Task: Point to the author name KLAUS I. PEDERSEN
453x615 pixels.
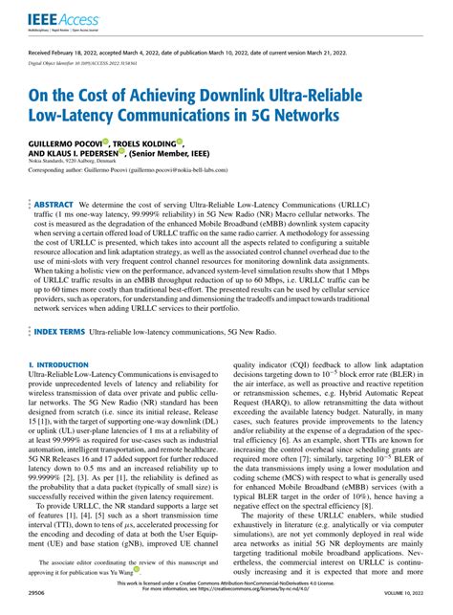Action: point(96,152)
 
